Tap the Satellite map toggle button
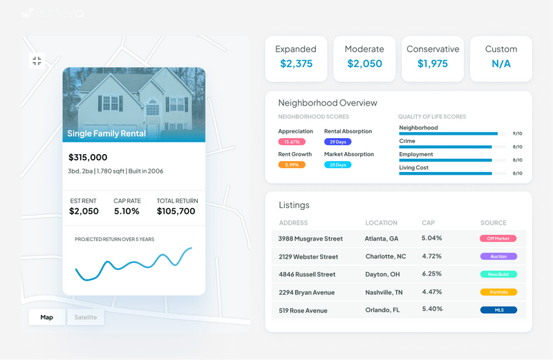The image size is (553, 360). pyautogui.click(x=86, y=318)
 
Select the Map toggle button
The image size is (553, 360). pyautogui.click(x=47, y=318)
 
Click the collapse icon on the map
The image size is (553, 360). pyautogui.click(x=37, y=61)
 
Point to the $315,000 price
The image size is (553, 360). pyautogui.click(x=88, y=158)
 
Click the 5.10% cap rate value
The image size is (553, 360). pyautogui.click(x=126, y=211)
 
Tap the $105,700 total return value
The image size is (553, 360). pyautogui.click(x=176, y=211)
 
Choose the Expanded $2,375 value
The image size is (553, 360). pyautogui.click(x=296, y=64)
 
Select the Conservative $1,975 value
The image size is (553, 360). pyautogui.click(x=433, y=64)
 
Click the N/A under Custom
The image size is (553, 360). pyautogui.click(x=501, y=64)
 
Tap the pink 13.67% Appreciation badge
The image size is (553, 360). pyautogui.click(x=292, y=142)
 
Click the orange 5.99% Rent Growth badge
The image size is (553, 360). pyautogui.click(x=292, y=165)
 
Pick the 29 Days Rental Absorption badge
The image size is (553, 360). pyautogui.click(x=337, y=142)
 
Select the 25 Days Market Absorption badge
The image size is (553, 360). pyautogui.click(x=337, y=165)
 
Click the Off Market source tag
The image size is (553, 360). pyautogui.click(x=498, y=238)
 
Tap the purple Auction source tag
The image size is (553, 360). pyautogui.click(x=498, y=256)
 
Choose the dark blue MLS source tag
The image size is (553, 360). pyautogui.click(x=498, y=310)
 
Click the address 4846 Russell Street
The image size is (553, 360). pyautogui.click(x=307, y=274)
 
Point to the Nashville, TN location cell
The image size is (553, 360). pyautogui.click(x=384, y=292)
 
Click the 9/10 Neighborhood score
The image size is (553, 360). pyautogui.click(x=518, y=133)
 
